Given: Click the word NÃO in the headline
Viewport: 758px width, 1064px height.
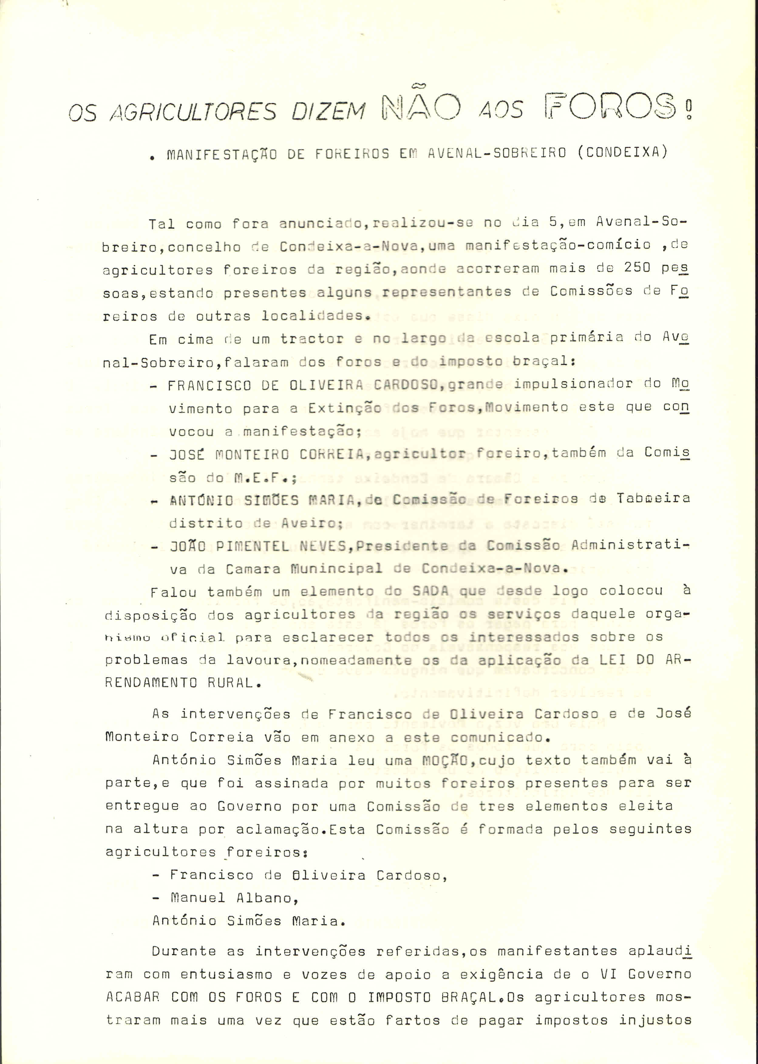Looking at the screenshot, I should [421, 107].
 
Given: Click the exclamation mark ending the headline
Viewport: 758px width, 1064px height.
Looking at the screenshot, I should [689, 108].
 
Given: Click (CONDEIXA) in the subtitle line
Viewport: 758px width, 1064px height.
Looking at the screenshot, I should [623, 152].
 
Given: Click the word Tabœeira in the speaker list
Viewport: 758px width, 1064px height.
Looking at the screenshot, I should [653, 498].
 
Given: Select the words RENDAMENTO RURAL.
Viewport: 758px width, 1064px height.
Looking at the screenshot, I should [179, 683].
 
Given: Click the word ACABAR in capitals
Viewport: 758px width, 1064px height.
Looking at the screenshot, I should [133, 997].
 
